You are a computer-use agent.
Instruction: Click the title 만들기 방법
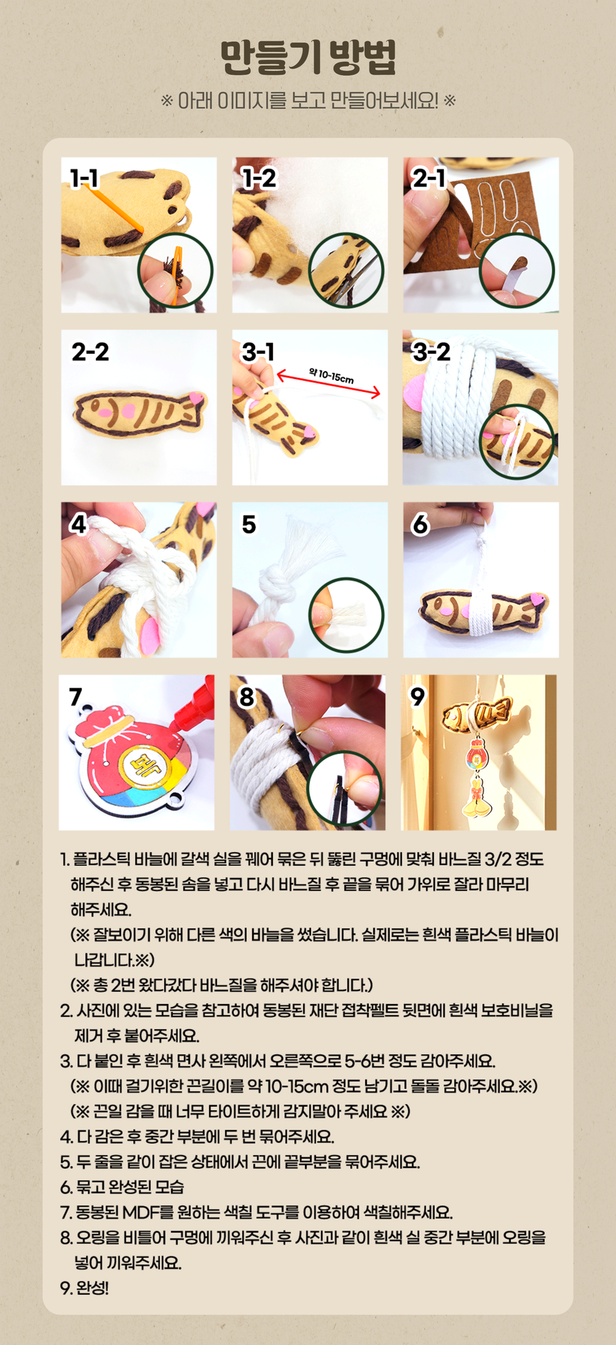coord(308,58)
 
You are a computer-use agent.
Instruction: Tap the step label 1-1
coord(84,178)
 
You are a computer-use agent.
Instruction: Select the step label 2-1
coord(428,178)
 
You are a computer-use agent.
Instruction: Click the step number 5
coord(249,524)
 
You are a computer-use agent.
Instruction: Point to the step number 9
coord(417,696)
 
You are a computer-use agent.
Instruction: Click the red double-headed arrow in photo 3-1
coord(329,383)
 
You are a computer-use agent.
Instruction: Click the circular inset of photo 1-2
coord(347,271)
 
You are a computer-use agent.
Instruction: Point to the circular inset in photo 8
coord(345,789)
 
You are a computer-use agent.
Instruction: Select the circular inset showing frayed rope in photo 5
coord(347,615)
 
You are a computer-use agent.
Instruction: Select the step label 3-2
coord(432,351)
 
